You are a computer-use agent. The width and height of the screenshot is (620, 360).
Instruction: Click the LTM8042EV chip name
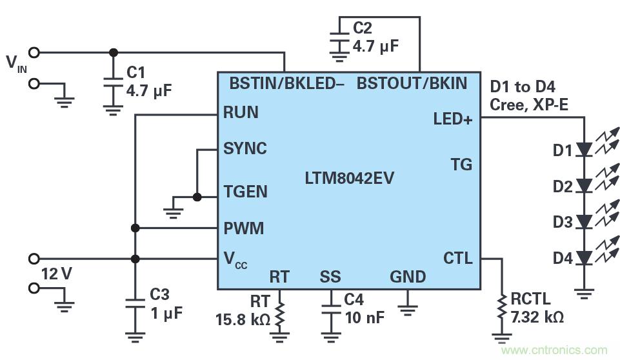tap(348, 177)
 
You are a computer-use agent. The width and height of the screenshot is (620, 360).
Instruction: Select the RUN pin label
tap(241, 113)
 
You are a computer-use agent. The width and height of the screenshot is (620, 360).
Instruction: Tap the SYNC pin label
tap(245, 149)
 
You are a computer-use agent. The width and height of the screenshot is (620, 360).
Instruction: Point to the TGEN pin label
tap(245, 192)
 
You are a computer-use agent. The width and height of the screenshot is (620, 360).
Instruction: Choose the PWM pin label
tap(243, 228)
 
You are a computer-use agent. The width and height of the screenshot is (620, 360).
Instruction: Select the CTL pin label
tap(458, 259)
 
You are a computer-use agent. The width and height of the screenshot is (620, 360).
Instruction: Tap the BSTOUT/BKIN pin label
tap(412, 84)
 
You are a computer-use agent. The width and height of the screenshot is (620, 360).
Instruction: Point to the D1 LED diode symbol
tap(583, 150)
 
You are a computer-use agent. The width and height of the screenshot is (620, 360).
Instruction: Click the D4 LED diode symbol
tap(583, 259)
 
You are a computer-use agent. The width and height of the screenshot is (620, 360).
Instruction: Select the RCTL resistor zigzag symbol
tap(501, 309)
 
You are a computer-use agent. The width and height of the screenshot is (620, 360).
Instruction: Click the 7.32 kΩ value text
tap(538, 318)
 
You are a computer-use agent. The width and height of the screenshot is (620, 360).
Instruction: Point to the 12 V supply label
tap(57, 274)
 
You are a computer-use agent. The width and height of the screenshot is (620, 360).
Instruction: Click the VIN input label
tap(15, 63)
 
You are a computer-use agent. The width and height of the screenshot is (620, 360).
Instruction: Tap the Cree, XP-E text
tap(529, 105)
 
